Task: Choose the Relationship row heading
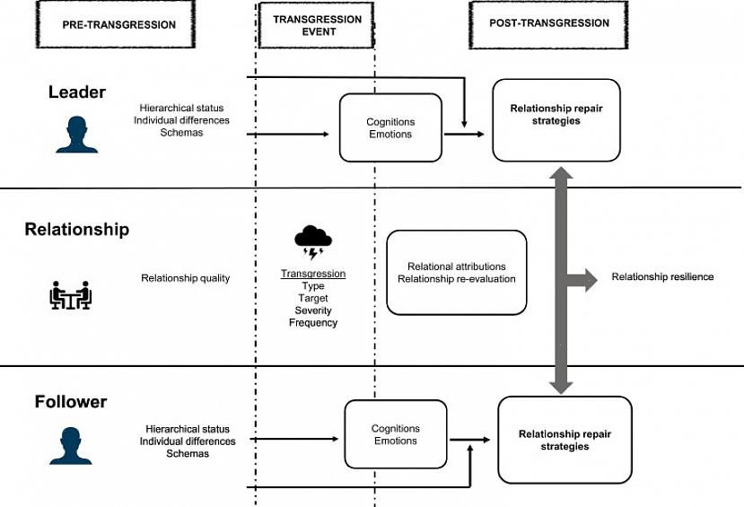76,230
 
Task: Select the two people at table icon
70,294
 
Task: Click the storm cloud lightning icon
313,240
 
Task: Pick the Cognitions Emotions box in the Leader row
390,128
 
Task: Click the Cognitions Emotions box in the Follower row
396,434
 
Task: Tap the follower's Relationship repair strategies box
565,440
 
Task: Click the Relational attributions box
456,272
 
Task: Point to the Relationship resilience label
662,277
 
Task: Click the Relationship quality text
185,278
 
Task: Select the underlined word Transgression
313,274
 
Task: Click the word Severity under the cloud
313,310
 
